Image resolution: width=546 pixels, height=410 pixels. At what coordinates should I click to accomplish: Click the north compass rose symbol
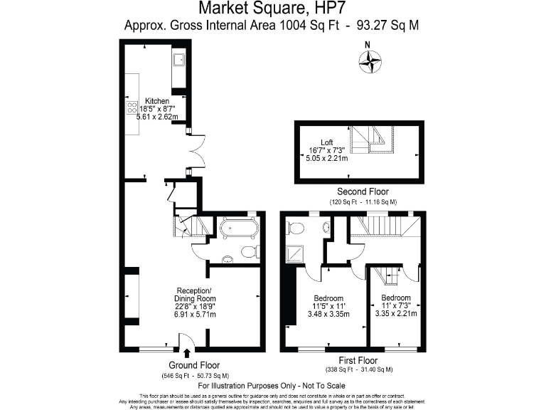[x=370, y=63]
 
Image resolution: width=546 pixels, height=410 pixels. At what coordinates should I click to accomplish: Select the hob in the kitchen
[x=132, y=107]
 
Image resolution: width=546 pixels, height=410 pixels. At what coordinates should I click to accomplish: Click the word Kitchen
[x=157, y=101]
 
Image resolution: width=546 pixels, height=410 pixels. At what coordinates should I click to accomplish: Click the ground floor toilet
[x=248, y=251]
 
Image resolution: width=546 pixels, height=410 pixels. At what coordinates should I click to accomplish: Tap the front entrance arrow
[x=187, y=353]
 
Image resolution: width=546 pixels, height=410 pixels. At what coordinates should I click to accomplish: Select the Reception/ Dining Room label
[x=194, y=294]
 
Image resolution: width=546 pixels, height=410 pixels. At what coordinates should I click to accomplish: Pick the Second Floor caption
[x=363, y=192]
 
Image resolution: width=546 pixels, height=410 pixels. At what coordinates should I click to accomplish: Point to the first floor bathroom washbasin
[x=326, y=228]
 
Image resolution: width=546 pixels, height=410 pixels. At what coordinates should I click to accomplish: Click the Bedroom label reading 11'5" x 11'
[x=328, y=298]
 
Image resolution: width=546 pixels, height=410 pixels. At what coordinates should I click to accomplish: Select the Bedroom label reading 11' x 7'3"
[x=395, y=298]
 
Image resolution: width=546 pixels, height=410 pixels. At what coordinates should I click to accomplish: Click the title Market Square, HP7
[x=272, y=9]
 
